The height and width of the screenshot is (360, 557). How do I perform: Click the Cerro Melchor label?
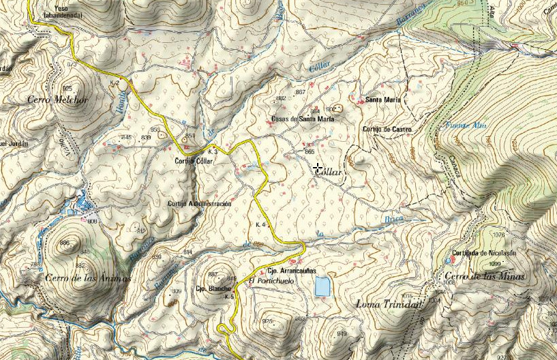[x=58, y=100]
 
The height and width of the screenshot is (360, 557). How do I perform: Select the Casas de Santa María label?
[x=302, y=119]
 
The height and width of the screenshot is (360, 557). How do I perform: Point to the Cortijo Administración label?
[x=199, y=204]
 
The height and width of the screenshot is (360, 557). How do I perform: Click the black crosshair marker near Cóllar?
[x=318, y=167]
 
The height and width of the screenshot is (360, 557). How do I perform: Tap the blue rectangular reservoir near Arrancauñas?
[x=322, y=286]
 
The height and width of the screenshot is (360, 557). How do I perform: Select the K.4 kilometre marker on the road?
[x=260, y=225]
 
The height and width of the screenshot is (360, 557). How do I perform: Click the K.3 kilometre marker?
[x=213, y=151]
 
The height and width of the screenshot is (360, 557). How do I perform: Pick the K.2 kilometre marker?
[x=115, y=82]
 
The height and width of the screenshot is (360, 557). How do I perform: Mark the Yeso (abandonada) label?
[x=63, y=10]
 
